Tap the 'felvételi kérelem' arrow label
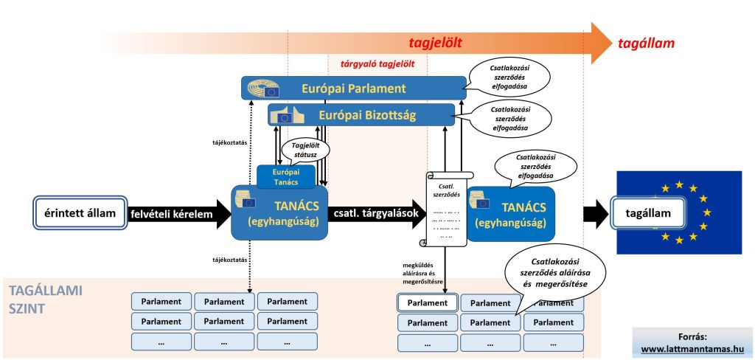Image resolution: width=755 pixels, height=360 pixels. pyautogui.click(x=171, y=214)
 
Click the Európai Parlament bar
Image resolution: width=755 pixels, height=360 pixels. pyautogui.click(x=353, y=89)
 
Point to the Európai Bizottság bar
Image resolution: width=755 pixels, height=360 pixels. pyautogui.click(x=361, y=115)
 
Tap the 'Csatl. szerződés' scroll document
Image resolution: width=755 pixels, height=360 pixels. pyautogui.click(x=444, y=209)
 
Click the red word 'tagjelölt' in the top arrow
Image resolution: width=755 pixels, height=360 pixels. pyautogui.click(x=435, y=44)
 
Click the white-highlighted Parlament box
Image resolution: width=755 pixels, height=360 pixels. pyautogui.click(x=427, y=302)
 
